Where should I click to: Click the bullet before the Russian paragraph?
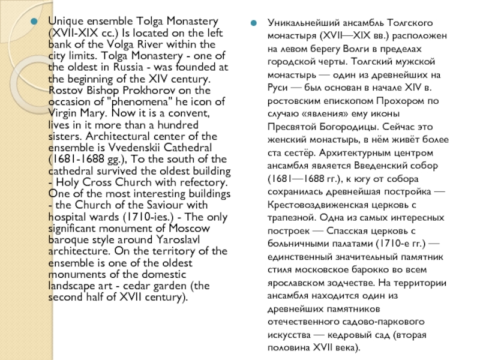tap(254, 22)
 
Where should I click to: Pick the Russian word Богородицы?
tap(339, 127)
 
